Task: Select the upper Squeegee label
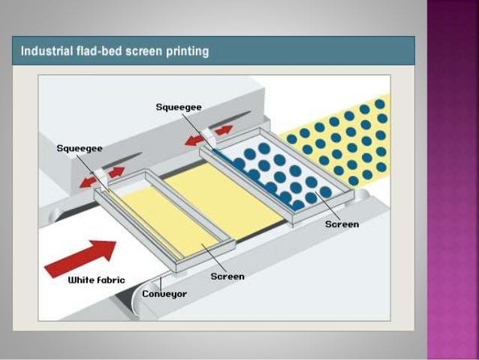pyautogui.click(x=178, y=107)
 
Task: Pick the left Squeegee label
pyautogui.click(x=80, y=148)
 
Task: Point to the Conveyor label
pyautogui.click(x=164, y=293)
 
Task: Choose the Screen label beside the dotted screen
pyautogui.click(x=342, y=224)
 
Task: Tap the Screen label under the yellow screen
pyautogui.click(x=227, y=276)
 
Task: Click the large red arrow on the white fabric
pyautogui.click(x=81, y=257)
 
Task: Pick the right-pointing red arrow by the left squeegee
pyautogui.click(x=114, y=171)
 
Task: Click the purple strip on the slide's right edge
pyautogui.click(x=453, y=180)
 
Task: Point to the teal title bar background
pyautogui.click(x=315, y=51)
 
